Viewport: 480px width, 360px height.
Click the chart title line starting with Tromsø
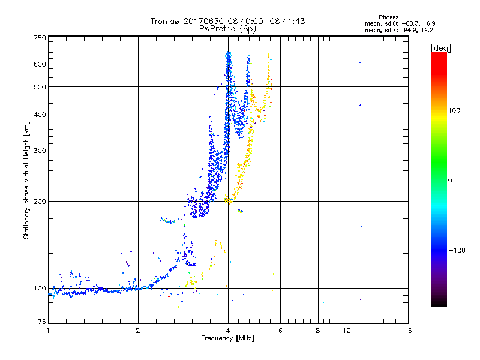227,21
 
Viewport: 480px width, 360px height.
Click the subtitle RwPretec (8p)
227,28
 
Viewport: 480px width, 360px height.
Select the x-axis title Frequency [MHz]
227,339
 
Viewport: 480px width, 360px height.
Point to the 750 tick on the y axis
40,38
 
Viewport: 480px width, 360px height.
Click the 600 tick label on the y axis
40,64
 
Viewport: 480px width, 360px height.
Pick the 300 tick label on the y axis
40,151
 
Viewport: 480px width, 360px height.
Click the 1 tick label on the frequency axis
48,331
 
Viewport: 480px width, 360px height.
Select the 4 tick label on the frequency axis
227,331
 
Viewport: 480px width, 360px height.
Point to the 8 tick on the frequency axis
318,331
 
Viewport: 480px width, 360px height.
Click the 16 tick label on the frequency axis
407,331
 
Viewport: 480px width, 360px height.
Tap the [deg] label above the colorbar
440,47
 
